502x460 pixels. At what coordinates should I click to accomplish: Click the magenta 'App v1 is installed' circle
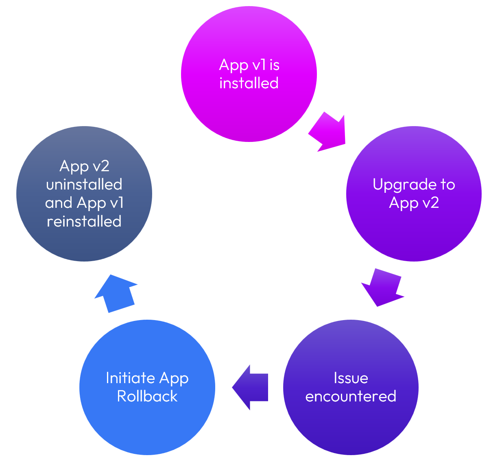click(249, 110)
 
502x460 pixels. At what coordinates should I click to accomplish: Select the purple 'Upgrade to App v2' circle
click(414, 232)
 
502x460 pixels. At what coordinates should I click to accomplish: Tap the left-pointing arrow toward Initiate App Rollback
click(251, 387)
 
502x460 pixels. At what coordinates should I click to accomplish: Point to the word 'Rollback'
click(147, 396)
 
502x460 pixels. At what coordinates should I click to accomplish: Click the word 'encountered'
click(351, 396)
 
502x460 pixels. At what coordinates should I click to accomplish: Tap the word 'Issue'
click(351, 378)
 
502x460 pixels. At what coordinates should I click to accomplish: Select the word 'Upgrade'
click(403, 185)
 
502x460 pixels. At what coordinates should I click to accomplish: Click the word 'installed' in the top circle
click(249, 83)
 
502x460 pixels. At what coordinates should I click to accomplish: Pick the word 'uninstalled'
click(84, 184)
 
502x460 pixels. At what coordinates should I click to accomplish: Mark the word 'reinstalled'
click(84, 221)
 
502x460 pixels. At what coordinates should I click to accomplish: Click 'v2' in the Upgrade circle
click(430, 203)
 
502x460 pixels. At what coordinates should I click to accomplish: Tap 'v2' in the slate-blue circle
click(100, 166)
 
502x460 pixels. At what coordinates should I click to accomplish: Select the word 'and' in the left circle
click(59, 203)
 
